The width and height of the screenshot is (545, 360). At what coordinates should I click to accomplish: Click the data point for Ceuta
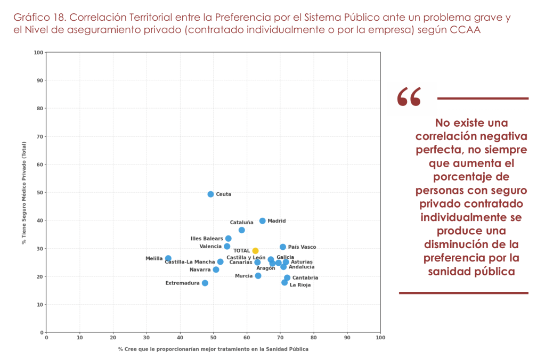(x=210, y=194)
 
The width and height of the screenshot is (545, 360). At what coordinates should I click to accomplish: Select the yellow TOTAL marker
(x=255, y=251)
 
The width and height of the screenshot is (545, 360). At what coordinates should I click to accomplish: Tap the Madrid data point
(x=262, y=221)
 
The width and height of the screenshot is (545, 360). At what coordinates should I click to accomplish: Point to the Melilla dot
(x=168, y=258)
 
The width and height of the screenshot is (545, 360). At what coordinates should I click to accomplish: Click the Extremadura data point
(x=205, y=283)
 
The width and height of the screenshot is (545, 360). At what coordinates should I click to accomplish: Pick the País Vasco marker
(x=283, y=247)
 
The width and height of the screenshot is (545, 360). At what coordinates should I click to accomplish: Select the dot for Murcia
(x=258, y=276)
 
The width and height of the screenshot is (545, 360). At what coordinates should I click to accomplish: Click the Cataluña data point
(x=241, y=230)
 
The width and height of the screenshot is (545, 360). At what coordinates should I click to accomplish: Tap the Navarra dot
(x=216, y=269)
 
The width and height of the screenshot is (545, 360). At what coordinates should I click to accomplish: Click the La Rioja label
(x=300, y=285)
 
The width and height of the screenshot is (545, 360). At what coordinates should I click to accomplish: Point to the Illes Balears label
(x=207, y=239)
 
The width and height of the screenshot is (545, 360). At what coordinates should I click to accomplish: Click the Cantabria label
(x=305, y=278)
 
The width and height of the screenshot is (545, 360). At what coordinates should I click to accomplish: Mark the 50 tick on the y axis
(x=39, y=192)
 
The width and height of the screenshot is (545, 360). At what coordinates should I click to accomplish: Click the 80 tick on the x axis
(x=313, y=338)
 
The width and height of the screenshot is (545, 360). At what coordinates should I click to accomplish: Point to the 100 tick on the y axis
(x=38, y=52)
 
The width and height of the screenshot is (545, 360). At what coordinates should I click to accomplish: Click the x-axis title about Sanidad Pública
(x=213, y=349)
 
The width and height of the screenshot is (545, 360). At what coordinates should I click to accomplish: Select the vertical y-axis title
(x=24, y=192)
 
